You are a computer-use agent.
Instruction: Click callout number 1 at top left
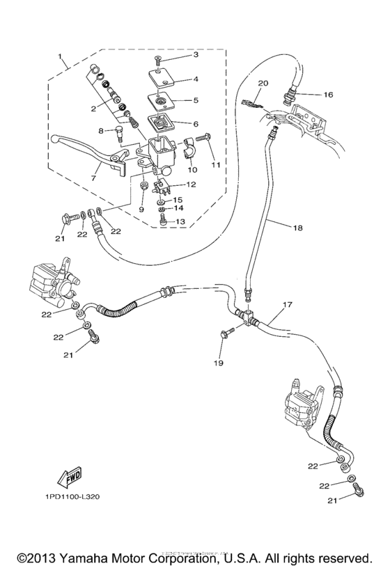[x=60, y=56]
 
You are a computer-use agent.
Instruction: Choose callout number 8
[x=100, y=130]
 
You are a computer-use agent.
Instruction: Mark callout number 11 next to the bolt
[x=216, y=164]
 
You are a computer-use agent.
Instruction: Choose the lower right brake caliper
[x=302, y=403]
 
